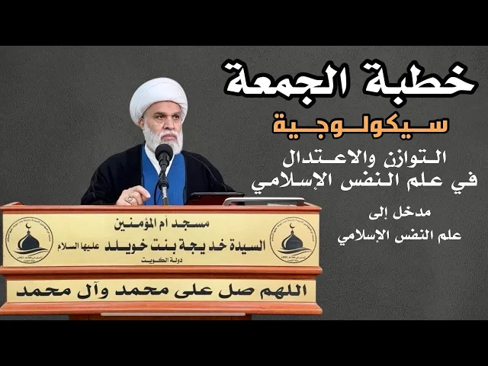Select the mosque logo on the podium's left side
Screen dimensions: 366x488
tap(28, 239)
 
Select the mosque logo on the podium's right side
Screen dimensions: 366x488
tap(293, 239)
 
